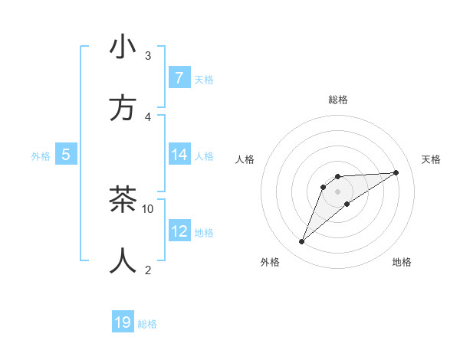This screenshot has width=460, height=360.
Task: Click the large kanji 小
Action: pyautogui.click(x=123, y=47)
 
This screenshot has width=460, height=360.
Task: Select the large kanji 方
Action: pyautogui.click(x=123, y=108)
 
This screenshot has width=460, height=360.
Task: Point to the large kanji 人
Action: pyautogui.click(x=123, y=260)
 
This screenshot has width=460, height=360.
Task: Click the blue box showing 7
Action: pyautogui.click(x=179, y=77)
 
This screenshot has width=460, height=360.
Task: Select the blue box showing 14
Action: pyautogui.click(x=179, y=155)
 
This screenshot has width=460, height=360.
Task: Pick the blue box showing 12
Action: pyautogui.click(x=179, y=231)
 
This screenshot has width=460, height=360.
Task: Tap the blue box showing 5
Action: pyautogui.click(x=66, y=155)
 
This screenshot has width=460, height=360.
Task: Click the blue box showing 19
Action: pyautogui.click(x=123, y=322)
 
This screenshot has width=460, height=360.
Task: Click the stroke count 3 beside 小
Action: pyautogui.click(x=148, y=55)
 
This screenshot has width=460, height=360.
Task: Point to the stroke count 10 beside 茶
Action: pyautogui.click(x=148, y=208)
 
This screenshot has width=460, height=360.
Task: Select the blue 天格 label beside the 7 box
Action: pyautogui.click(x=204, y=79)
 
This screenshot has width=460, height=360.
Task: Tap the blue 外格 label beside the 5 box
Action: pyautogui.click(x=41, y=156)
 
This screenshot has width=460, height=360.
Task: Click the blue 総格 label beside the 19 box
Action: pyautogui.click(x=147, y=324)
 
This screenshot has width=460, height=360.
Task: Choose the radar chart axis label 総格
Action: pyautogui.click(x=337, y=100)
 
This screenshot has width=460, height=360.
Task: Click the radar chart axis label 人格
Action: pyautogui.click(x=245, y=159)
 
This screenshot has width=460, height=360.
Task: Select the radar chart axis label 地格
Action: pyautogui.click(x=402, y=262)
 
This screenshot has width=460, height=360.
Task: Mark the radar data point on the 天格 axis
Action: pyautogui.click(x=396, y=172)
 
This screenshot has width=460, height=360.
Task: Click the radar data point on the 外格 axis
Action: pyautogui.click(x=301, y=242)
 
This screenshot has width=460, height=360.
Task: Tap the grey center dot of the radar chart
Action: pyautogui.click(x=337, y=191)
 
